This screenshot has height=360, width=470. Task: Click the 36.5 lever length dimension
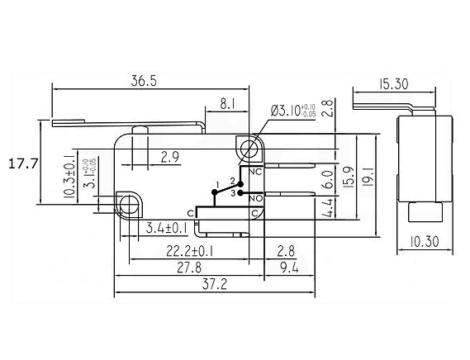pyautogui.click(x=144, y=81)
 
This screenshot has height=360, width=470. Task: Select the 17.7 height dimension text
pyautogui.click(x=23, y=163)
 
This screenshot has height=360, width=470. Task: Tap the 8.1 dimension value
pyautogui.click(x=227, y=104)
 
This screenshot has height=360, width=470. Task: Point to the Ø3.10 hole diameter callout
pyautogui.click(x=293, y=111)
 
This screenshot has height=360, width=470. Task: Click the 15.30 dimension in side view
pyautogui.click(x=393, y=83)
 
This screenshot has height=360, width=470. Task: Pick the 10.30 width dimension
pyautogui.click(x=424, y=241)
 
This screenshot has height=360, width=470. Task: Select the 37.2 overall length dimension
pyautogui.click(x=215, y=284)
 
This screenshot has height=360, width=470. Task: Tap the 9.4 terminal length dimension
pyautogui.click(x=290, y=268)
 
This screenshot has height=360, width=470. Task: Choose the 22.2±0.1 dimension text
pyautogui.click(x=190, y=251)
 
